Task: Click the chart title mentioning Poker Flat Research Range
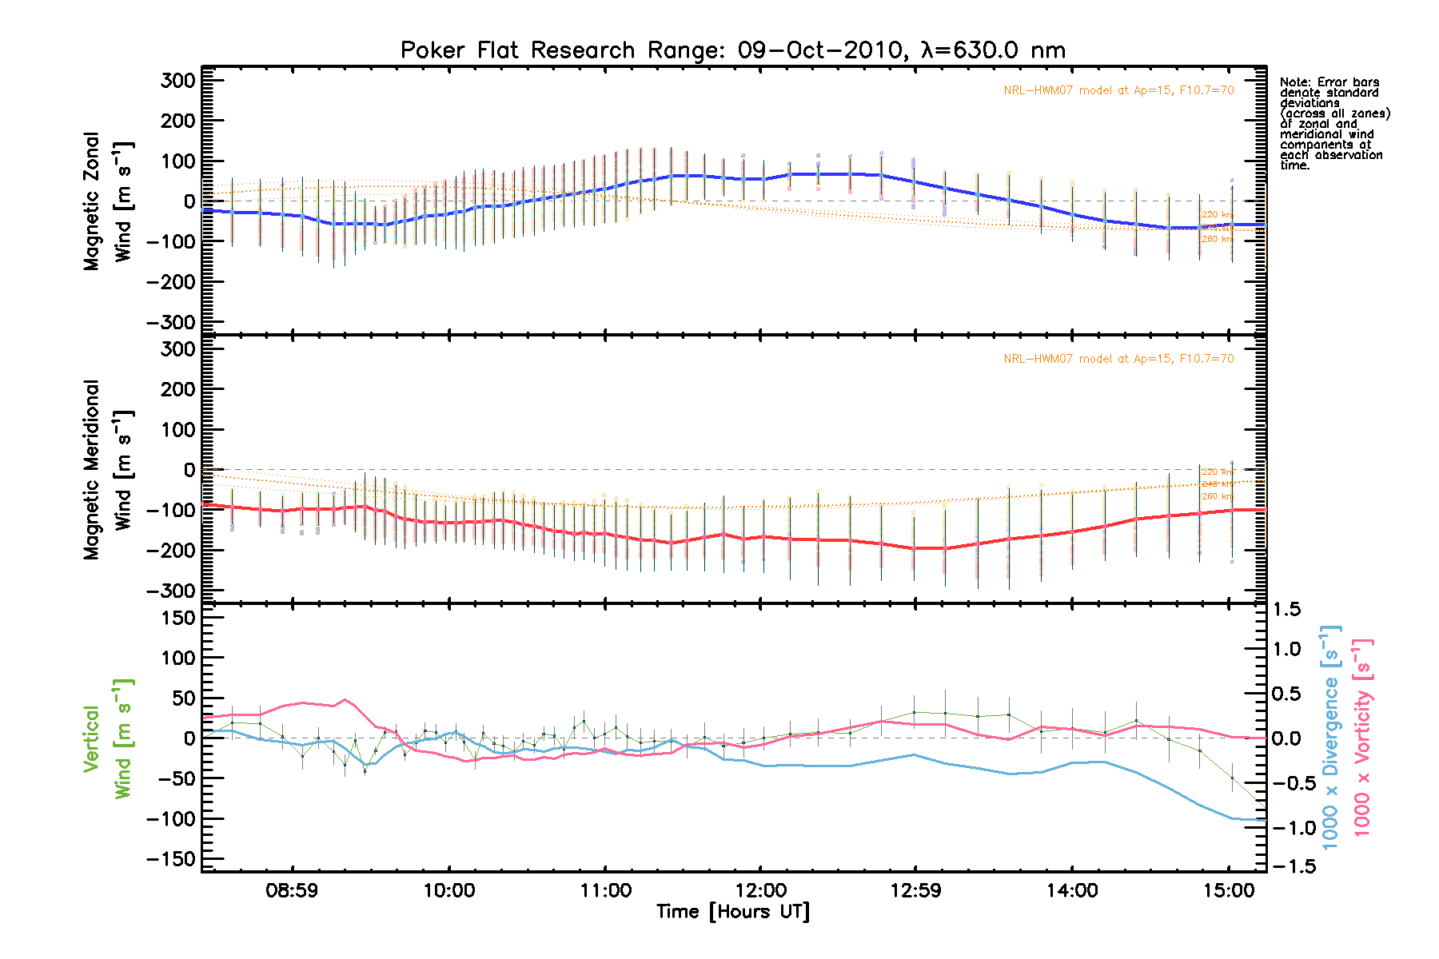pos(732,50)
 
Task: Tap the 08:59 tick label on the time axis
pos(292,890)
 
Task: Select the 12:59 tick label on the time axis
pos(915,890)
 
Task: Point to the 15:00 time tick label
pos(1229,890)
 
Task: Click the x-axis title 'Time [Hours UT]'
pos(732,912)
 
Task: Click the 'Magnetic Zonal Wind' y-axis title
pos(108,201)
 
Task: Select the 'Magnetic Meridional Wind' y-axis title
pos(108,470)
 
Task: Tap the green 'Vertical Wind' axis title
pos(108,738)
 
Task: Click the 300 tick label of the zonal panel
pos(177,81)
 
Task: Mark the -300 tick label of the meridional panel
pos(171,591)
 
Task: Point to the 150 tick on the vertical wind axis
pos(177,618)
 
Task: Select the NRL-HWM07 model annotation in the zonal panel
pos(1118,90)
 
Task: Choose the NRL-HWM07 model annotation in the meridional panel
pos(1118,359)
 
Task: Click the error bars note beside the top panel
pos(1334,124)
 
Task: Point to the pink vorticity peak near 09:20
pos(345,700)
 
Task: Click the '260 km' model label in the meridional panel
pos(1217,497)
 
